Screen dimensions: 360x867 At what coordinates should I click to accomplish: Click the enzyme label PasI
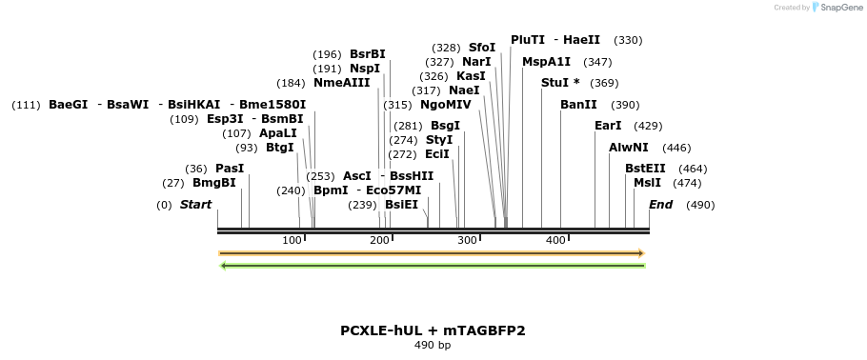(x=230, y=169)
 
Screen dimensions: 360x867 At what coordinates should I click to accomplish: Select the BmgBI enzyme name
(x=213, y=183)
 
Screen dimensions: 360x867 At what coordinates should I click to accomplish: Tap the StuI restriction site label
(x=555, y=83)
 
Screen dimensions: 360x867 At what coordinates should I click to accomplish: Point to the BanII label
(x=578, y=105)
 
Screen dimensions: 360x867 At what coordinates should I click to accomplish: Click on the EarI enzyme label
(x=608, y=126)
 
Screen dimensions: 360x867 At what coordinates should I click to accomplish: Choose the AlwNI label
(x=629, y=148)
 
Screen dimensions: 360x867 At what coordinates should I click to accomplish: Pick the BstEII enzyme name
(x=645, y=169)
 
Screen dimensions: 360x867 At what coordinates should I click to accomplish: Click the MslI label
(x=647, y=183)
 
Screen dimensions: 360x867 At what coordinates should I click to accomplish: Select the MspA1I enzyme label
(x=546, y=62)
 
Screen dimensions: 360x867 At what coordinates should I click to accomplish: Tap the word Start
(x=196, y=205)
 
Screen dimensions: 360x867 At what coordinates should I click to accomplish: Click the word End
(x=660, y=205)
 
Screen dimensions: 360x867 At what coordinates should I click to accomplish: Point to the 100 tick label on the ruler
(x=292, y=240)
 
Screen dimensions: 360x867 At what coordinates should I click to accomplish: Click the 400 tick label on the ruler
(x=555, y=240)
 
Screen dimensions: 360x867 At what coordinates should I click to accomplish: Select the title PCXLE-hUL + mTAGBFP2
(x=433, y=330)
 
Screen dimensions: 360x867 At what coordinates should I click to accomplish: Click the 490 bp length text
(x=433, y=345)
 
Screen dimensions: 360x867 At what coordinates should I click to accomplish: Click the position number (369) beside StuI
(x=604, y=84)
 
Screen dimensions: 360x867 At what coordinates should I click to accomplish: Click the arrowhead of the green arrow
(x=223, y=266)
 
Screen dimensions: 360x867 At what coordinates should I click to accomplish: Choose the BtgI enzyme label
(x=280, y=148)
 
